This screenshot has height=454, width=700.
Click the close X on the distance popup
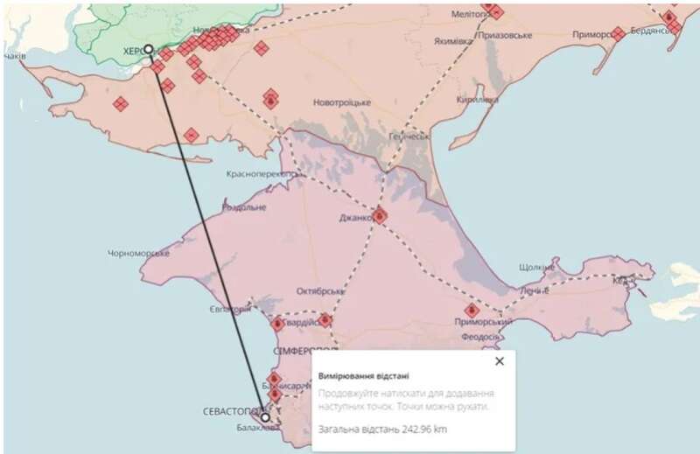click(500, 360)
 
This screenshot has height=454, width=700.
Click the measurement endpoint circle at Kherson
click(149, 49)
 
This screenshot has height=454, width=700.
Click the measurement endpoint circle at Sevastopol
click(265, 417)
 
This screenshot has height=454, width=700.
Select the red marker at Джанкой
click(381, 215)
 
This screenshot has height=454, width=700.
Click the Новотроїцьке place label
click(342, 102)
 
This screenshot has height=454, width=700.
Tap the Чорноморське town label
click(137, 253)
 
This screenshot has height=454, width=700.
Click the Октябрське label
click(322, 290)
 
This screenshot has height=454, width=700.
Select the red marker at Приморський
click(472, 310)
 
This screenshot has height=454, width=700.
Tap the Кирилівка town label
click(477, 100)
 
